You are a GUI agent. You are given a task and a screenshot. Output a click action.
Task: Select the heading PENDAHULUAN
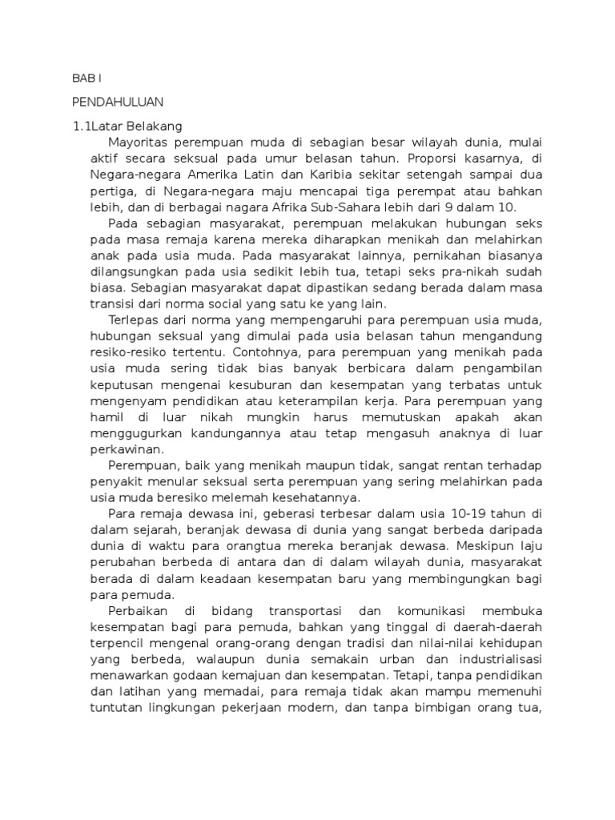117,102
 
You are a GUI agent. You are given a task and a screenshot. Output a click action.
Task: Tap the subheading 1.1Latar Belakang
127,126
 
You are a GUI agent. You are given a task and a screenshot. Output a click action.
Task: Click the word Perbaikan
137,609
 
